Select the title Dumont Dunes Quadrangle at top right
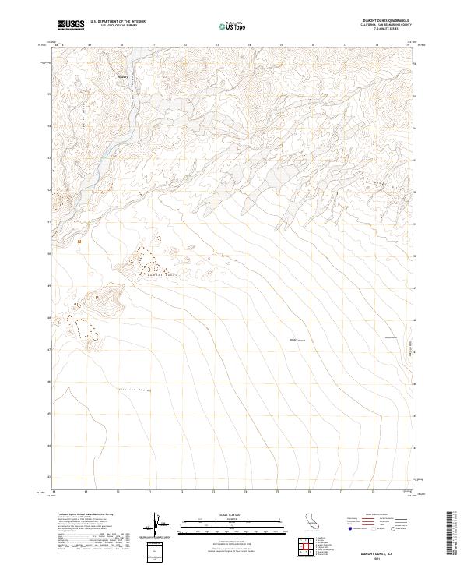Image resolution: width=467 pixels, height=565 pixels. [378, 21]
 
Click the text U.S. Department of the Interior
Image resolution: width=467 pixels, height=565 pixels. [118, 22]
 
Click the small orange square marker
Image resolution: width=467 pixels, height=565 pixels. [79, 241]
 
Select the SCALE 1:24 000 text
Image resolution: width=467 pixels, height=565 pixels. [211, 513]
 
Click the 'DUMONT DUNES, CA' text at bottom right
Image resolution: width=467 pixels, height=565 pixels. [378, 547]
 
